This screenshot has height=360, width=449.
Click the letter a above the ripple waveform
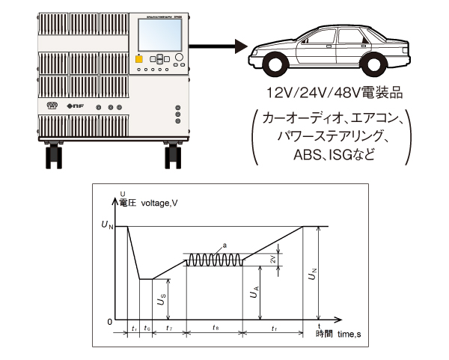click(224, 245)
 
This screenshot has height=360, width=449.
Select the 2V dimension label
click(274, 260)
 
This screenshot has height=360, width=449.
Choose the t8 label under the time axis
click(215, 329)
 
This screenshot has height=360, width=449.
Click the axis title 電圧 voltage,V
click(158, 202)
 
